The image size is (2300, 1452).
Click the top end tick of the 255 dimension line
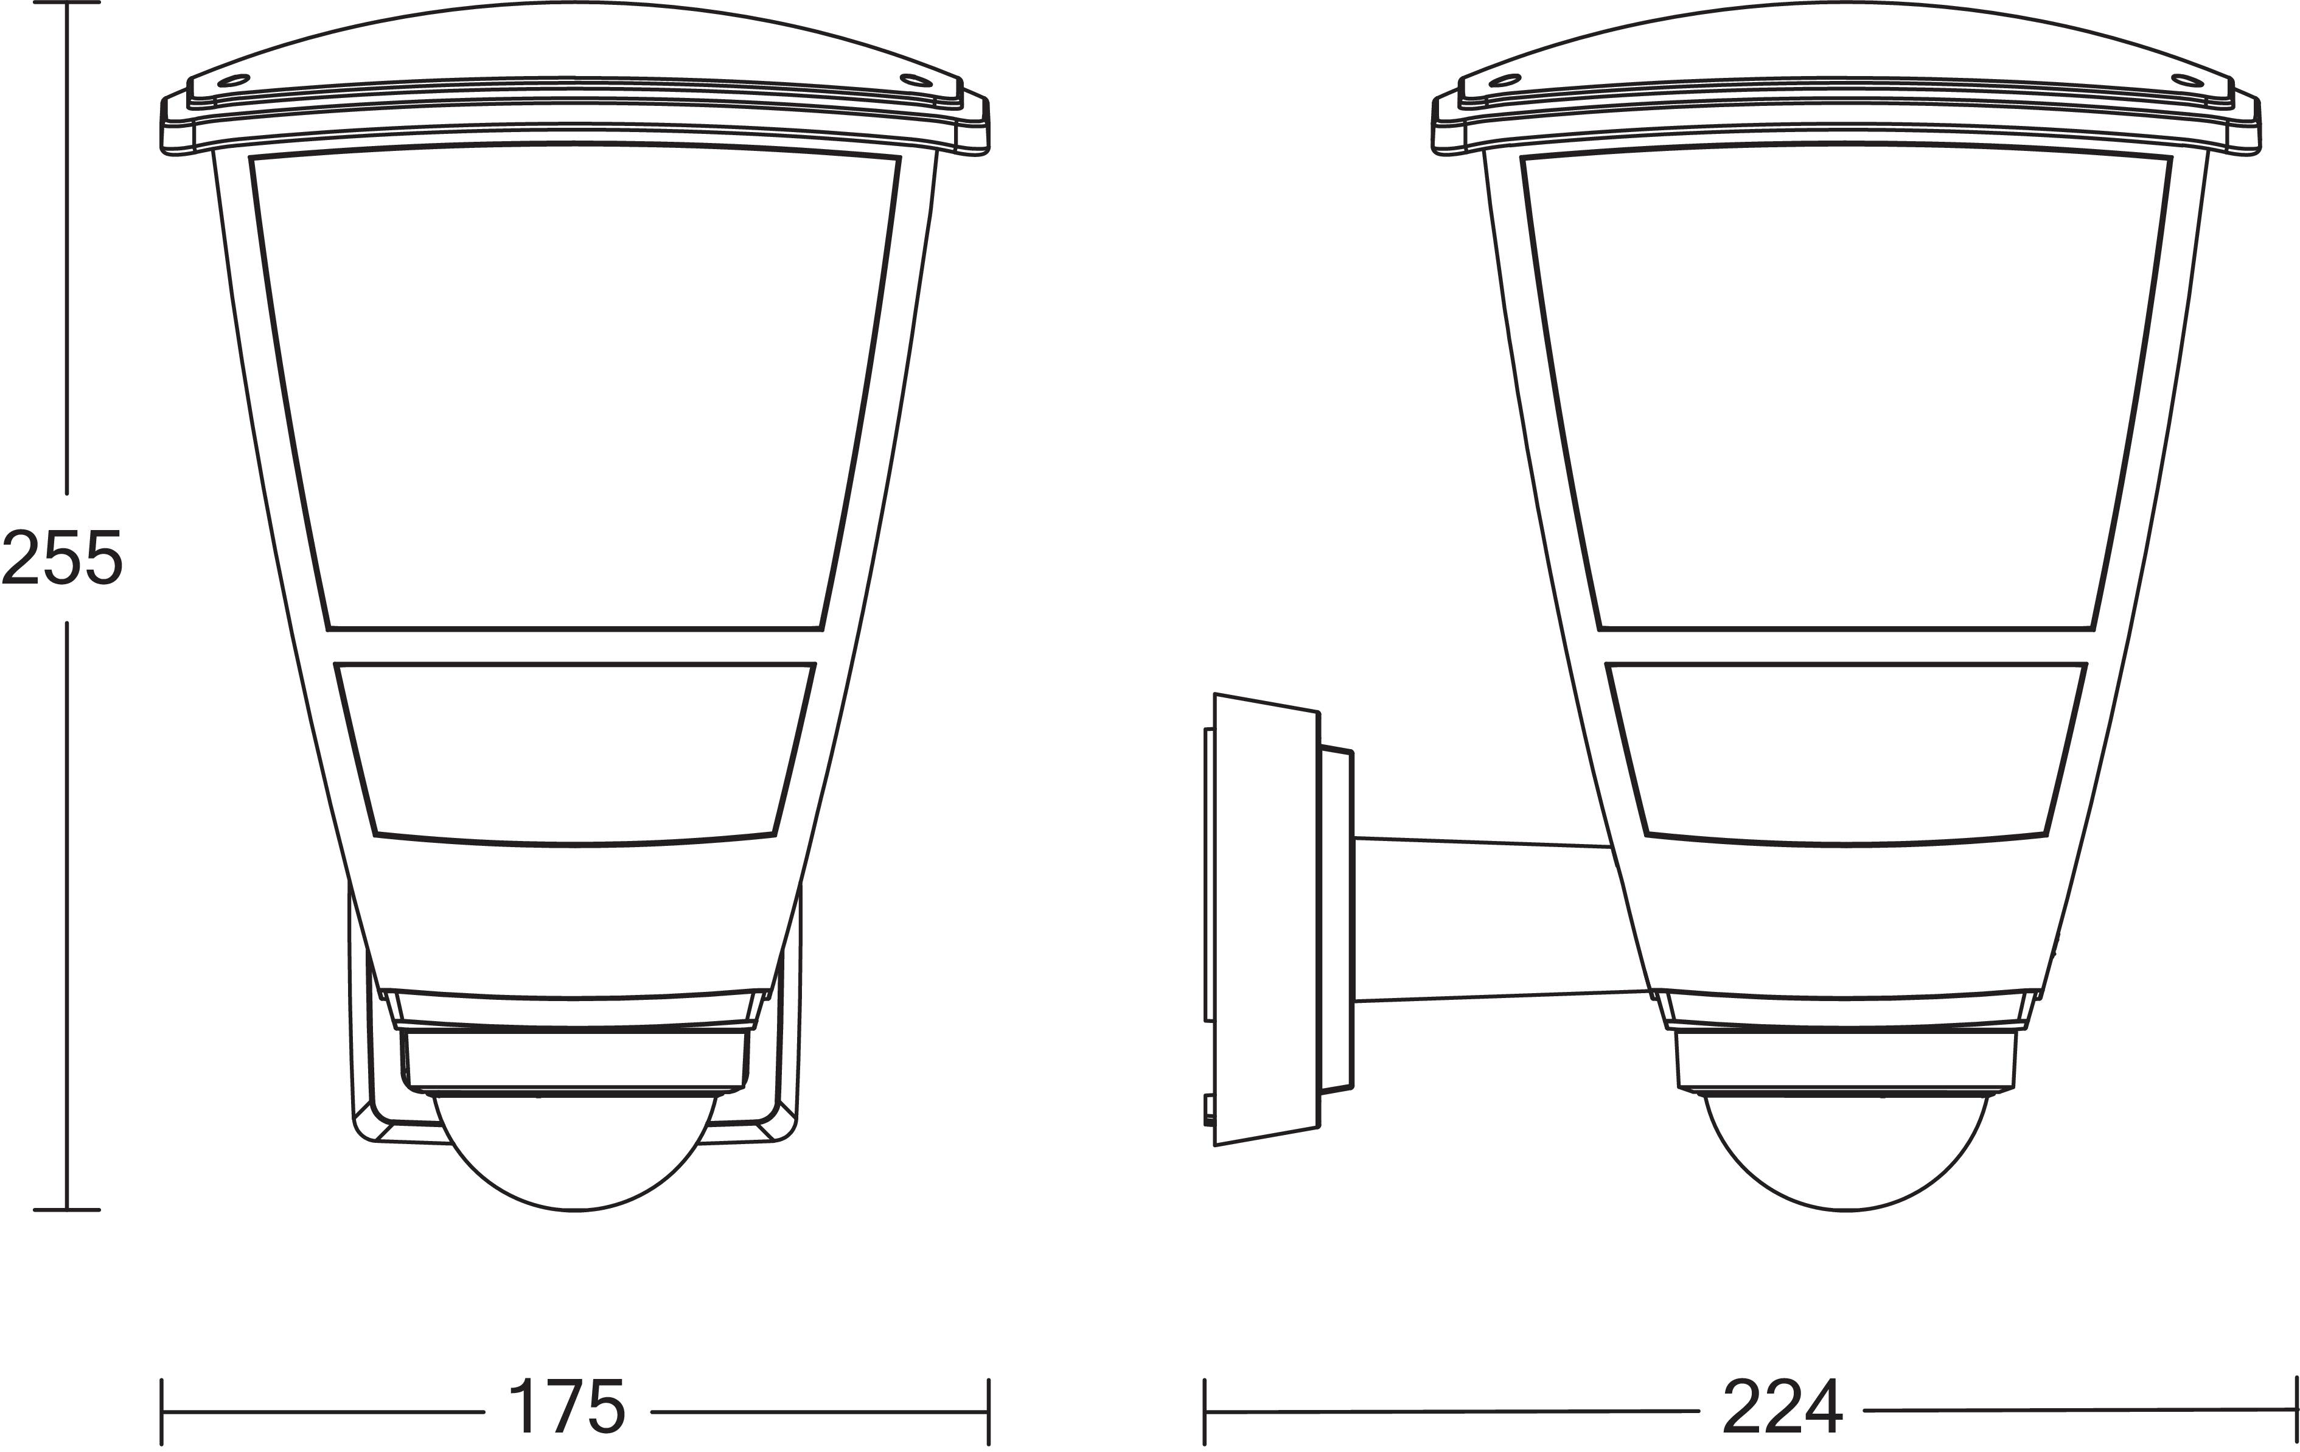[67, 3]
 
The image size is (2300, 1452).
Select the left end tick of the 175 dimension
[162, 1411]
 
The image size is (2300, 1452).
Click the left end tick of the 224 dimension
[1205, 1411]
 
